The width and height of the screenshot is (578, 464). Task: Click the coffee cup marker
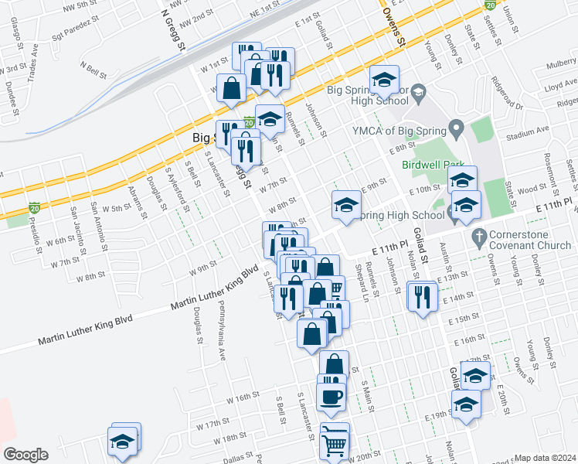pyautogui.click(x=331, y=397)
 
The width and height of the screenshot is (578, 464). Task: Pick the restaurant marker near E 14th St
pyautogui.click(x=422, y=296)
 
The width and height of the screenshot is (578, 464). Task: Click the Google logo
pyautogui.click(x=25, y=455)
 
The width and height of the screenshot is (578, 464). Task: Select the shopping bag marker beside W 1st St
pyautogui.click(x=231, y=87)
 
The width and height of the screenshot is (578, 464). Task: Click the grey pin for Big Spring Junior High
pyautogui.click(x=418, y=93)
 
